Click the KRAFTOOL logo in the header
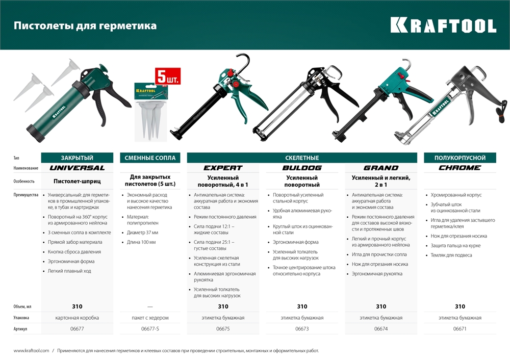tap(443, 25)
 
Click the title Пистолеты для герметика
tap(85, 25)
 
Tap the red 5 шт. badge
tap(168, 77)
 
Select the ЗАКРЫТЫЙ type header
tap(77, 158)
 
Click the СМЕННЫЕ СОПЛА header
tap(150, 158)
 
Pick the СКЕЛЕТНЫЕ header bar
tap(302, 158)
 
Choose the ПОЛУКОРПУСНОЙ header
tap(460, 158)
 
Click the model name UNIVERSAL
tap(77, 168)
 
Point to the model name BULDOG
tap(302, 168)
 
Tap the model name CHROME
tap(460, 168)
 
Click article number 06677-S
tap(150, 329)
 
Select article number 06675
tap(223, 329)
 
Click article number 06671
tap(460, 329)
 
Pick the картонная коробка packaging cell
tap(77, 318)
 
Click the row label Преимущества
tap(26, 195)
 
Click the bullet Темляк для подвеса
tap(451, 255)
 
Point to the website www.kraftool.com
tap(31, 351)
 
